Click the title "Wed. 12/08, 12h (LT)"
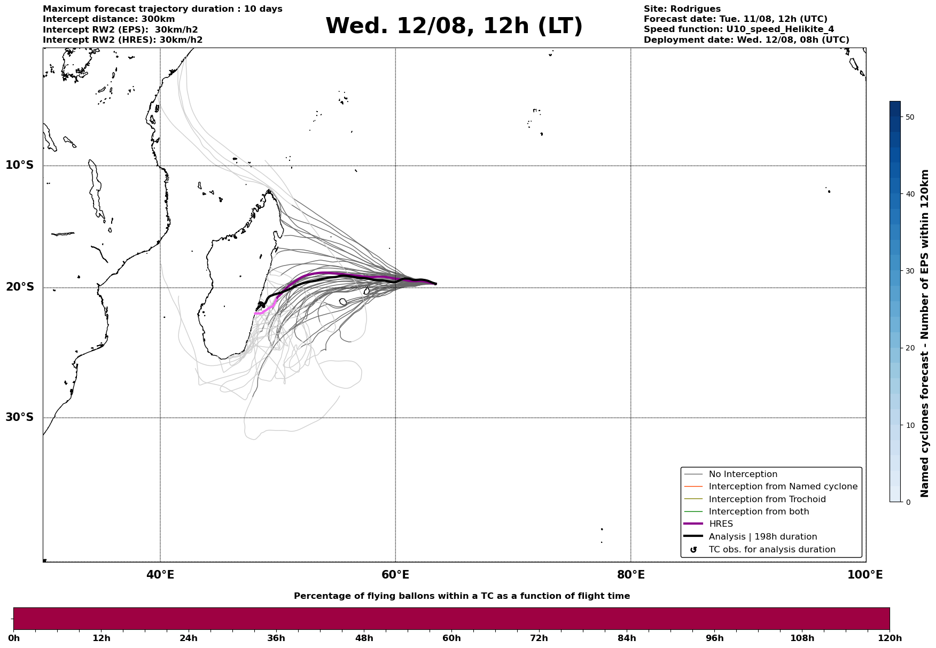point(454,26)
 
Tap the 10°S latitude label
point(20,165)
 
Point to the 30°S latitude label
point(20,417)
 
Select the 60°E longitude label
point(395,575)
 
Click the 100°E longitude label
point(865,575)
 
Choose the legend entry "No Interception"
point(743,474)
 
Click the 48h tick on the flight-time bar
point(364,638)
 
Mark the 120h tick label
point(890,638)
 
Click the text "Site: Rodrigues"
point(682,9)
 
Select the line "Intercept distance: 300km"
point(109,19)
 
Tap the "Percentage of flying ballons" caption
point(462,596)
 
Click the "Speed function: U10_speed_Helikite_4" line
point(739,29)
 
